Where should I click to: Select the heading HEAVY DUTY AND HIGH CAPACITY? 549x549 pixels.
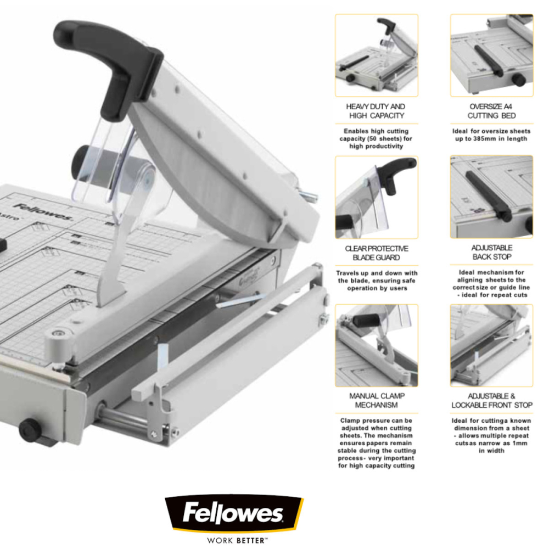[376, 111]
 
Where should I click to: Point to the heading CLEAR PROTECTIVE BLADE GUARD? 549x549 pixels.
[376, 253]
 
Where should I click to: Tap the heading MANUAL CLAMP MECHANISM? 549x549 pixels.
[376, 400]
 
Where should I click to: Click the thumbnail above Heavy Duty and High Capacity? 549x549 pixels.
[376, 55]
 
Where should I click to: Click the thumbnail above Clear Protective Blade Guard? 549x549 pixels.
[376, 197]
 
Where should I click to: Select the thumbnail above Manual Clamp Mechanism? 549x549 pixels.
[376, 345]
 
